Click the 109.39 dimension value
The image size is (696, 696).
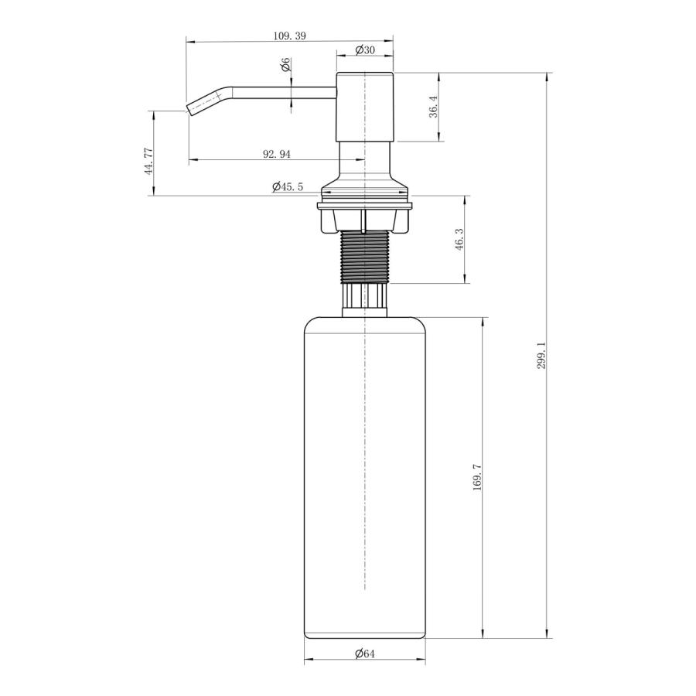(x=289, y=36)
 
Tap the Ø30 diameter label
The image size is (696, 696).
(x=365, y=49)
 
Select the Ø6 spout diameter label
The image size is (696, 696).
(x=286, y=64)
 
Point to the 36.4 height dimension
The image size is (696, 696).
(x=434, y=107)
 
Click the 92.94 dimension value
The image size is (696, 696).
(x=277, y=154)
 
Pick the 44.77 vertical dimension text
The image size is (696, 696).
(x=148, y=162)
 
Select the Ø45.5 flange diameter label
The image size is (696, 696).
(x=288, y=187)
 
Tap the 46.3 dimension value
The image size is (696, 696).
(x=459, y=240)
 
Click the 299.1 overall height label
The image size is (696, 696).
(x=541, y=356)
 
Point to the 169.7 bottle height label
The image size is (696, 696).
(x=478, y=476)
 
